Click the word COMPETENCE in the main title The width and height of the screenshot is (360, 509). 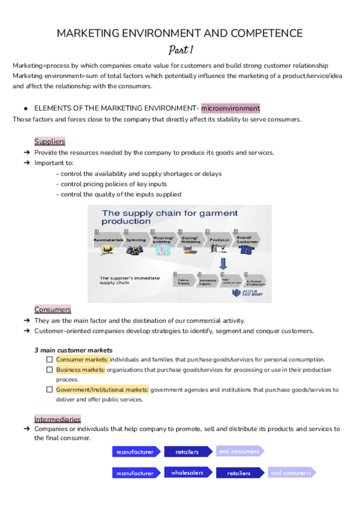pyautogui.click(x=260, y=33)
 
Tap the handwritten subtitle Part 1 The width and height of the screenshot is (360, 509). pyautogui.click(x=179, y=50)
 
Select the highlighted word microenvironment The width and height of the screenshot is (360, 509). pyautogui.click(x=230, y=108)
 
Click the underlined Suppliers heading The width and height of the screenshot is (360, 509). pyautogui.click(x=50, y=141)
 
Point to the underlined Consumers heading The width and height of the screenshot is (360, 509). pyautogui.click(x=53, y=309)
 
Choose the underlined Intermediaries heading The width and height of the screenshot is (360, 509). pyautogui.click(x=58, y=418)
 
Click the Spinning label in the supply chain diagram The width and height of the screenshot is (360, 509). pyautogui.click(x=136, y=239)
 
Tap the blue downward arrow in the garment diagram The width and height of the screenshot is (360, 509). pyautogui.click(x=223, y=264)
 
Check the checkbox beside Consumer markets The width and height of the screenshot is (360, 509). pyautogui.click(x=50, y=359)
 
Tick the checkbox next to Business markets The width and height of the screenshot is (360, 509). pyautogui.click(x=50, y=370)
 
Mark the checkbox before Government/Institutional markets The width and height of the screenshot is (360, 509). pyautogui.click(x=50, y=390)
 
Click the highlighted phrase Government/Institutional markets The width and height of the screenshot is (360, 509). pyautogui.click(x=102, y=390)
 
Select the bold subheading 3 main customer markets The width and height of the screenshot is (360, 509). pyautogui.click(x=73, y=349)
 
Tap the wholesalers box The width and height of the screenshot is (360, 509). pyautogui.click(x=188, y=472)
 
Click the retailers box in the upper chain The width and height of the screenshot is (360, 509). pyautogui.click(x=188, y=451)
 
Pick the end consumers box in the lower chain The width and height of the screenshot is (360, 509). pyautogui.click(x=291, y=472)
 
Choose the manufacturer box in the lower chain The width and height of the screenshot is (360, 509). pyautogui.click(x=136, y=472)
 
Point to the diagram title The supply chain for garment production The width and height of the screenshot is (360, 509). pyautogui.click(x=170, y=217)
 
